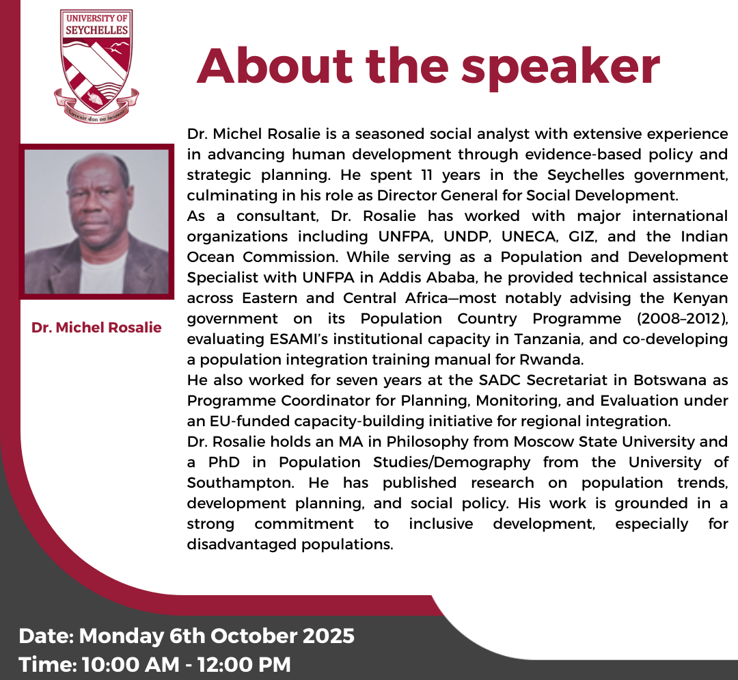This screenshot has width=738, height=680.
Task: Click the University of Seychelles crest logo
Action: click(x=96, y=66)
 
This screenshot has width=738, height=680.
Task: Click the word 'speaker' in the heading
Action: click(x=560, y=68)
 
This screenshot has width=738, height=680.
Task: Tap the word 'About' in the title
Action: click(x=275, y=65)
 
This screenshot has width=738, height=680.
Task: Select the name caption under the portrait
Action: click(x=96, y=327)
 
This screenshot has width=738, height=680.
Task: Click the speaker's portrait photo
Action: click(x=96, y=222)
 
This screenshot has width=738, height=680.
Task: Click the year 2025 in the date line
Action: click(x=328, y=636)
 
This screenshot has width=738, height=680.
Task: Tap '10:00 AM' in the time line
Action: click(x=131, y=664)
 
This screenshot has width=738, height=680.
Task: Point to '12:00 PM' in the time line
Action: click(x=244, y=664)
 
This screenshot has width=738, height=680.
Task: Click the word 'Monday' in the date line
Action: click(x=122, y=636)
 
